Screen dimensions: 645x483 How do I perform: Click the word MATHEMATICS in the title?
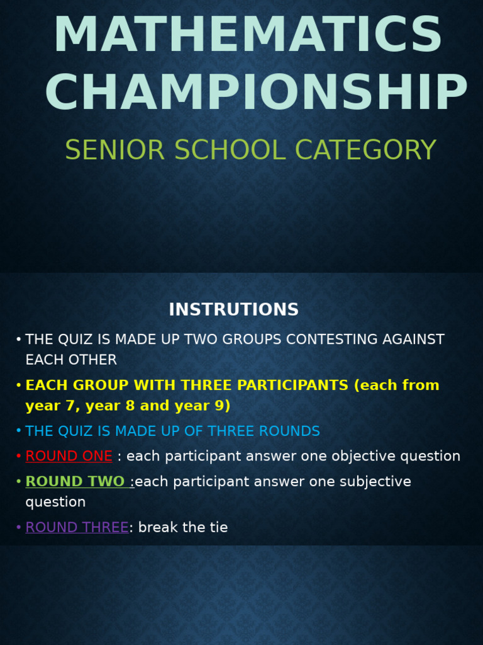click(x=248, y=35)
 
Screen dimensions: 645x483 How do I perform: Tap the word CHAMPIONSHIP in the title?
click(x=256, y=93)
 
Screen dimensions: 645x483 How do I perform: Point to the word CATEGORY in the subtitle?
click(x=365, y=151)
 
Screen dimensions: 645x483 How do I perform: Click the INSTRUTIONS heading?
click(x=233, y=310)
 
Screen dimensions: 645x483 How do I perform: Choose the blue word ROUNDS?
click(x=291, y=431)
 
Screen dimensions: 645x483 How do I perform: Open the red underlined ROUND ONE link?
click(x=69, y=457)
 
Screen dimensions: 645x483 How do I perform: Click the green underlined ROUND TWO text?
click(x=75, y=482)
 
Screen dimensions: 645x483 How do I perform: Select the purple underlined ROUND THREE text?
click(x=77, y=528)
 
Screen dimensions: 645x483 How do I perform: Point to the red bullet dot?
click(x=19, y=457)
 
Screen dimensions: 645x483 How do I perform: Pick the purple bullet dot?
click(x=19, y=528)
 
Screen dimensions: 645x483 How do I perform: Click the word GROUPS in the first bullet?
click(x=240, y=340)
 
